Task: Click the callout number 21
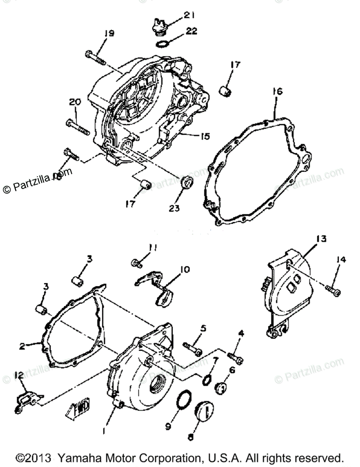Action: (x=189, y=15)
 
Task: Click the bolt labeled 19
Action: (x=95, y=58)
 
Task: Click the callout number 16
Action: (x=278, y=92)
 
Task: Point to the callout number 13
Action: (x=322, y=239)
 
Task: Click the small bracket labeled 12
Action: (x=27, y=399)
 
